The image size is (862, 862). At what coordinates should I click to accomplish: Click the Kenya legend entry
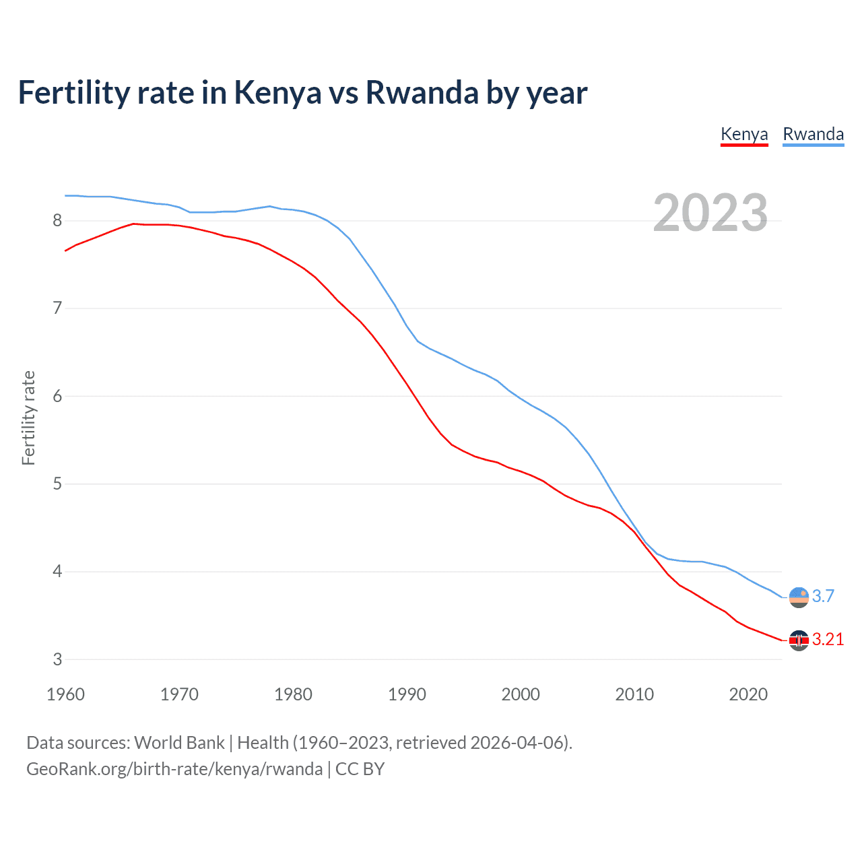pos(744,134)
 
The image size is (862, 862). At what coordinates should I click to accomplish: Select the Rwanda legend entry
pos(813,134)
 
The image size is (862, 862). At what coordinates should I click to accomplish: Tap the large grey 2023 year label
pos(710,213)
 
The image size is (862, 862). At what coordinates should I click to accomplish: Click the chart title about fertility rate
pos(302,92)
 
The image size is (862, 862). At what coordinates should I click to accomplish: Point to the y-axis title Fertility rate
pos(28,418)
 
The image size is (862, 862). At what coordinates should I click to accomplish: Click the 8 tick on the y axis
pos(57,221)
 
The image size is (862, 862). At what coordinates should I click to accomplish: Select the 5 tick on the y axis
pos(57,484)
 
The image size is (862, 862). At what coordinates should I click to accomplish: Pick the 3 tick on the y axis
pos(57,659)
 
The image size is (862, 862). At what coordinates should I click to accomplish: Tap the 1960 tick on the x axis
pos(65,694)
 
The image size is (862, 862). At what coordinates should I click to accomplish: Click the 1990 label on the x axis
pos(407,694)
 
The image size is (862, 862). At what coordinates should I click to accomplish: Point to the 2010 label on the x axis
pos(634,694)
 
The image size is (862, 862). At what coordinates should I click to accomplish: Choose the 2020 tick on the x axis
pos(748,694)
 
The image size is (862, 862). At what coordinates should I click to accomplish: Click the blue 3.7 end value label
pos(823,596)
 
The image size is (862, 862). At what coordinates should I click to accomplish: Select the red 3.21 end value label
pos(828,640)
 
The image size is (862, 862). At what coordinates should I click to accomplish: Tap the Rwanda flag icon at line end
pos(799,597)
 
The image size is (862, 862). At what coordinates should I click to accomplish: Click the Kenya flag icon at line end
pos(799,640)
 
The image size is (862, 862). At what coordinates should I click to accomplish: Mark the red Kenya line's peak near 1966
pos(133,224)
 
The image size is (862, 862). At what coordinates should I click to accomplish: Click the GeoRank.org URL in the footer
pos(174,769)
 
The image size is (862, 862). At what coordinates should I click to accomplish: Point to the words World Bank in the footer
pos(179,743)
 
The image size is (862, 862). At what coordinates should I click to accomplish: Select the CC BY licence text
pos(360,769)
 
